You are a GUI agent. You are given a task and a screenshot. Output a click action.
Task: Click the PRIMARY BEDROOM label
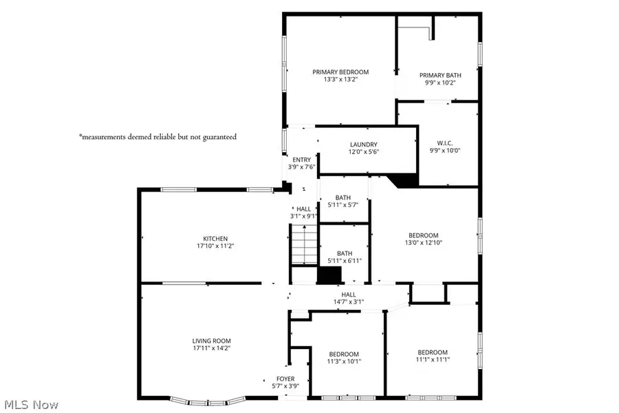pos(340,72)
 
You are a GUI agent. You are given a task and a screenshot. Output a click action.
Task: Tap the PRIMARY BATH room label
pos(440,75)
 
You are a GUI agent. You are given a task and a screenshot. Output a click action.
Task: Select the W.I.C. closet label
pos(440,143)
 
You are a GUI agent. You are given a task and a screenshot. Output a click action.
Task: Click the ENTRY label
pos(301,160)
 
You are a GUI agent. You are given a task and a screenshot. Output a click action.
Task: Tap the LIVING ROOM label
pos(211,341)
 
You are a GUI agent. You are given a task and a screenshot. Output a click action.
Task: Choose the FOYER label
pos(285,379)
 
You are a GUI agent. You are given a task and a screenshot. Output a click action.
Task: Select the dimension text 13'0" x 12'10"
pos(423,242)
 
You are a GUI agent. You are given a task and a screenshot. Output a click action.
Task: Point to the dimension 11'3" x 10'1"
pos(343,361)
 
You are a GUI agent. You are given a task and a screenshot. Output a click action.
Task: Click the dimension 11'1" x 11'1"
pos(433,359)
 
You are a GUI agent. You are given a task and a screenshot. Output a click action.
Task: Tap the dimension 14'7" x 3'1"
pos(343,301)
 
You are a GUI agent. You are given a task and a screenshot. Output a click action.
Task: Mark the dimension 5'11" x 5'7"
pos(344,204)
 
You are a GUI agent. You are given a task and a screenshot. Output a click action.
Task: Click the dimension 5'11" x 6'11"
pos(344,260)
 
